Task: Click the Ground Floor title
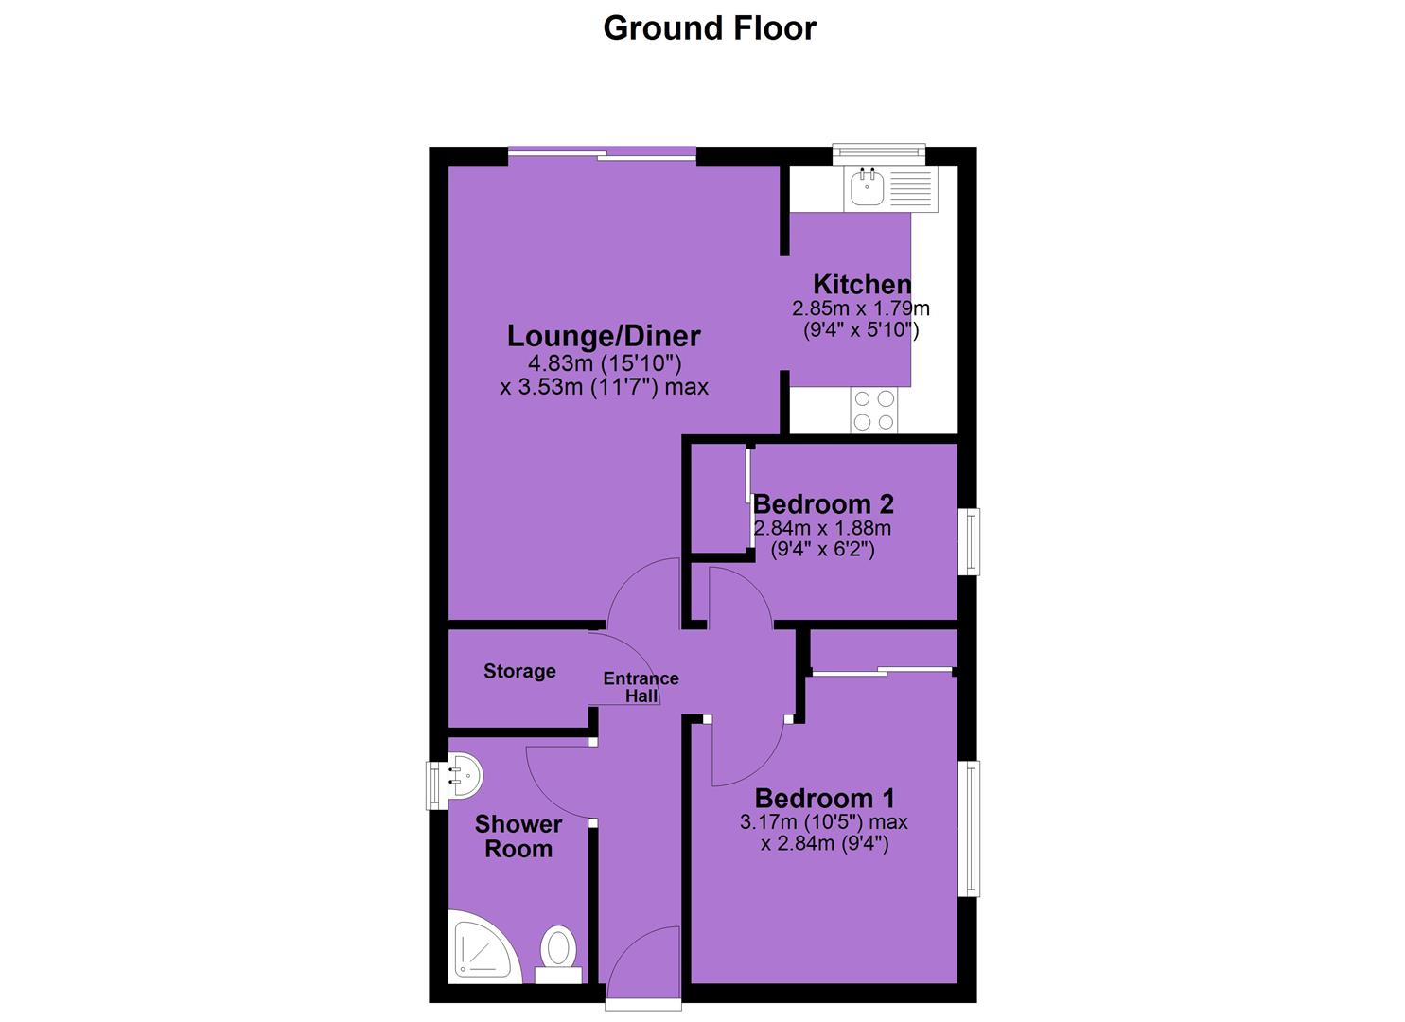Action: tap(710, 28)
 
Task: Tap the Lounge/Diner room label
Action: tap(604, 336)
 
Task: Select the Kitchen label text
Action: tap(862, 285)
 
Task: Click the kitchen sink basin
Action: tap(868, 187)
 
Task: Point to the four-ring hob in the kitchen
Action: tap(873, 410)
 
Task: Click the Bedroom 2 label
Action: tap(823, 503)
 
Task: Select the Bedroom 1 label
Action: tap(824, 798)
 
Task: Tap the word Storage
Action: tap(519, 671)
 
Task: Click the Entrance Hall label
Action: tap(641, 686)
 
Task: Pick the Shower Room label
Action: tap(518, 836)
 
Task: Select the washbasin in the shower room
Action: tap(465, 774)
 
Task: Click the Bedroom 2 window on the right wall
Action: tap(972, 541)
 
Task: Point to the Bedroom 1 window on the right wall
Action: tap(972, 829)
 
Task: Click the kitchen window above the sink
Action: tap(879, 152)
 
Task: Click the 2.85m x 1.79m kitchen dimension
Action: tap(861, 308)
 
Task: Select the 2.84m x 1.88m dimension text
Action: tap(821, 528)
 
